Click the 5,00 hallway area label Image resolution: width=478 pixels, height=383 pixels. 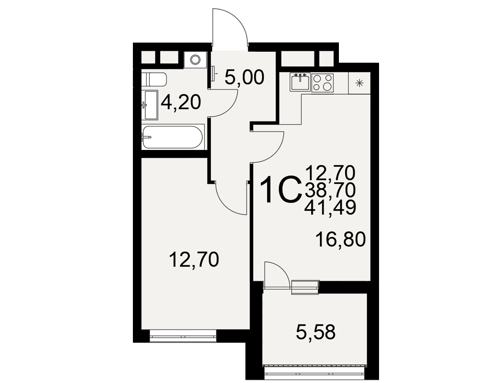tap(244, 78)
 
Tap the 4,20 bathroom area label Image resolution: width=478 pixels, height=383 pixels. tap(181, 102)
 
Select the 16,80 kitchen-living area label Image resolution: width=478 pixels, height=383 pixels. tap(340, 239)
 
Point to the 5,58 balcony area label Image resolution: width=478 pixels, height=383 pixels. tap(315, 332)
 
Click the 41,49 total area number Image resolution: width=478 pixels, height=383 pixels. tap(330, 207)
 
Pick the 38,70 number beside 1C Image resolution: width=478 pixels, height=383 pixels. tap(330, 190)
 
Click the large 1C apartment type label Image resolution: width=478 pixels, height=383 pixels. tap(280, 189)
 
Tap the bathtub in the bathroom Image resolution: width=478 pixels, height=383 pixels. tap(173, 137)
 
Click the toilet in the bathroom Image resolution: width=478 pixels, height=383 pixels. tap(154, 80)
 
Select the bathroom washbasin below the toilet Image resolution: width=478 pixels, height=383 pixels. tap(151, 105)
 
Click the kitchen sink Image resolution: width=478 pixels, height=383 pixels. tap(300, 82)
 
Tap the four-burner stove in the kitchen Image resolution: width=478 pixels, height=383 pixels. tap(323, 82)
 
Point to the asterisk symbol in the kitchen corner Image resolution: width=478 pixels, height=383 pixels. tap(360, 82)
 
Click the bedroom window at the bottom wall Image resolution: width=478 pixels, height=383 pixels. tap(183, 336)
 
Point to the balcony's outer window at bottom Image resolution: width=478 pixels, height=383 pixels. tap(315, 371)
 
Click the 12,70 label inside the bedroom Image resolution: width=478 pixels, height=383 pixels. tap(194, 260)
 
